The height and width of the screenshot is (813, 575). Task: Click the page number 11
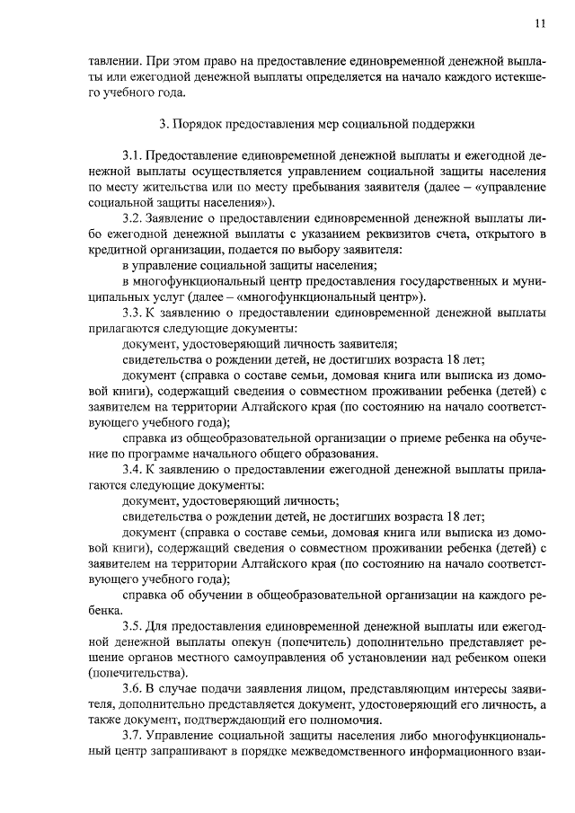point(539,23)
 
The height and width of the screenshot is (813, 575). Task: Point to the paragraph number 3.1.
point(132,155)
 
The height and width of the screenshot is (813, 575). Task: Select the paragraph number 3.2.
point(132,218)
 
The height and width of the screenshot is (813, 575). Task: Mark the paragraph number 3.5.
point(132,625)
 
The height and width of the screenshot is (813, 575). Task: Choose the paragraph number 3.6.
point(132,688)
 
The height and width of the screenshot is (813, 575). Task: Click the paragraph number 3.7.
point(132,736)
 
